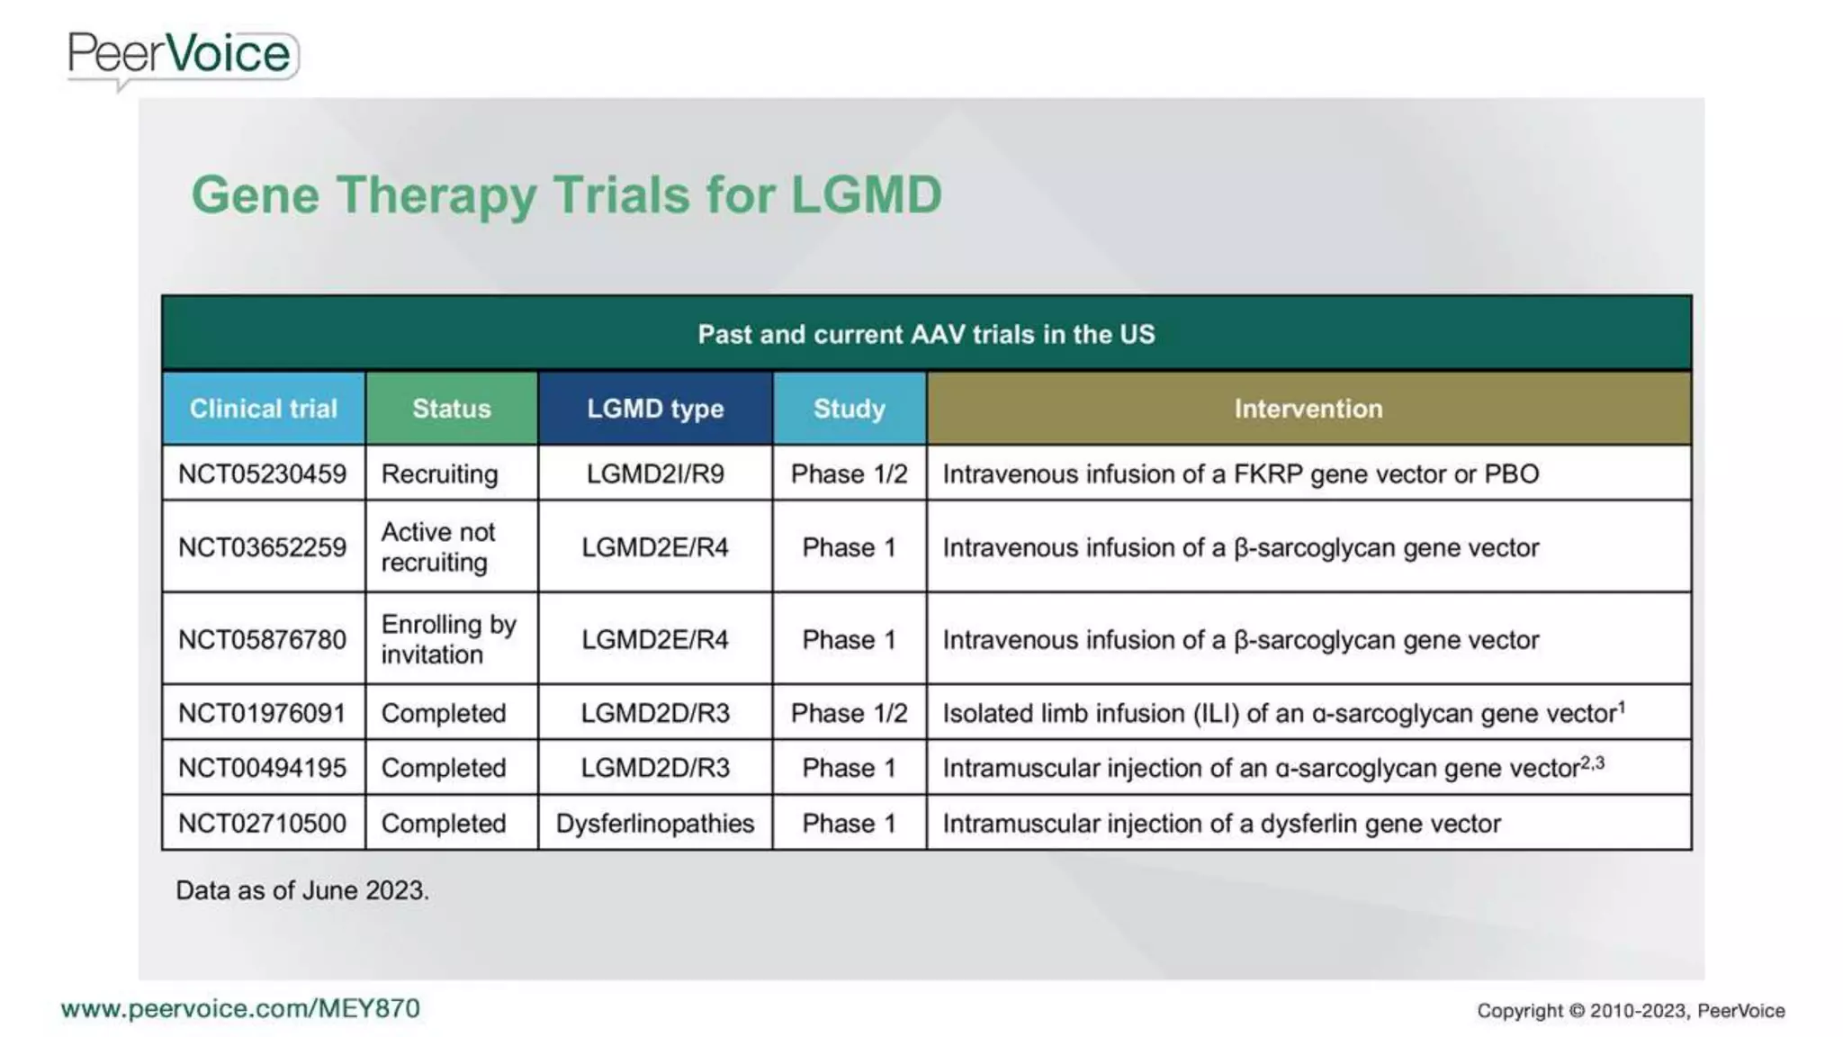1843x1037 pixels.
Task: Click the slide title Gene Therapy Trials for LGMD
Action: click(x=566, y=194)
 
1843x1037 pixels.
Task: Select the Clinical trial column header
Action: click(x=263, y=409)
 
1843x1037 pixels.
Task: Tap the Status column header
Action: click(x=451, y=409)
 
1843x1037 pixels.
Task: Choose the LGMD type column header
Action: click(x=654, y=409)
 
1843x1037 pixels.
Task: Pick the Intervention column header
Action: click(x=1308, y=409)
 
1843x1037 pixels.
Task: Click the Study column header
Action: click(x=849, y=409)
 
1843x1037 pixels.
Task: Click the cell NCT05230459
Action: click(x=262, y=474)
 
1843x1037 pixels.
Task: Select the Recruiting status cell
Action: click(x=439, y=474)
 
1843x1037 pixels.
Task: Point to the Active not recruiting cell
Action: click(x=438, y=547)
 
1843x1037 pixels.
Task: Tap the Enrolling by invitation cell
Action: click(x=448, y=639)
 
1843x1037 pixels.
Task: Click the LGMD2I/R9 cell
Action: click(x=654, y=474)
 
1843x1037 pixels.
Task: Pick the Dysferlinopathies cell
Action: click(x=654, y=824)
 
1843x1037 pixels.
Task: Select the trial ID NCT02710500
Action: click(x=262, y=824)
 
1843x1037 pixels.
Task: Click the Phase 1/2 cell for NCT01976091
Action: click(x=849, y=714)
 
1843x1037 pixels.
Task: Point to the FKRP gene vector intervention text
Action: click(x=1240, y=474)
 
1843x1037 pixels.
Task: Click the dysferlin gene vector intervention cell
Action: click(x=1221, y=824)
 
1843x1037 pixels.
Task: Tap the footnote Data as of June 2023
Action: click(x=301, y=890)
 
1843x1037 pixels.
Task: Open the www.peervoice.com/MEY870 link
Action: click(x=240, y=1008)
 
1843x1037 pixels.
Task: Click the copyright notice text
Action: click(x=1630, y=1011)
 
